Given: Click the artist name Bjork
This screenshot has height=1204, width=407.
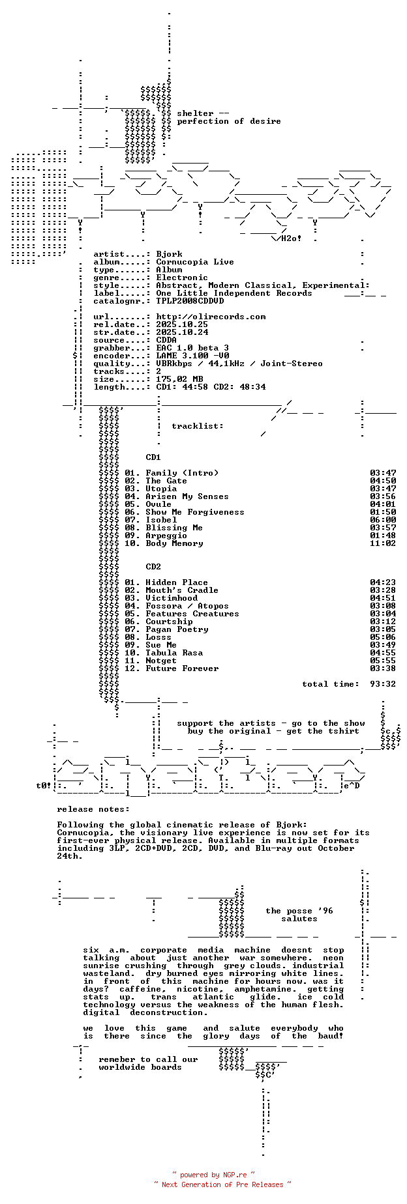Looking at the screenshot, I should click(169, 254).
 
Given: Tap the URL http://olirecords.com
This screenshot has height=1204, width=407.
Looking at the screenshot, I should click(211, 317).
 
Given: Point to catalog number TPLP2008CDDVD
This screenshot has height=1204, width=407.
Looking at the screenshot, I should click(190, 301).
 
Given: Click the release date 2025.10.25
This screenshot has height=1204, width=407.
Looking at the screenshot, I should click(182, 324).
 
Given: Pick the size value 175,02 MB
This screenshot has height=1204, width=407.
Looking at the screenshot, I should click(179, 379).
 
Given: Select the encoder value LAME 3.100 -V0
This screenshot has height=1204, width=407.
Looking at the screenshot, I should click(192, 356).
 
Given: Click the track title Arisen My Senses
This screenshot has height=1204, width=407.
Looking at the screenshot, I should click(187, 496).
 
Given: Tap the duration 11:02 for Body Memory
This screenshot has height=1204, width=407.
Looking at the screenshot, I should click(383, 543).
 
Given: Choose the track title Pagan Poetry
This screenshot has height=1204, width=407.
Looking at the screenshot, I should click(177, 629).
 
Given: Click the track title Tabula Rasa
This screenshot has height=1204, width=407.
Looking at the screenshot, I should click(174, 653).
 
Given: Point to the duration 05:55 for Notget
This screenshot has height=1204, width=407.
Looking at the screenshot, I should click(383, 661).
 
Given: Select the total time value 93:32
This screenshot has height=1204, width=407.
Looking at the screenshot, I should click(383, 684).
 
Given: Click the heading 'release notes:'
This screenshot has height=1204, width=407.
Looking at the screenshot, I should click(93, 809).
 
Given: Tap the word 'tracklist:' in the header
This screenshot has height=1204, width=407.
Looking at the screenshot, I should click(198, 426).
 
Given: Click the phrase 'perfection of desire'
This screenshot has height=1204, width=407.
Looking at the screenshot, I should click(229, 121).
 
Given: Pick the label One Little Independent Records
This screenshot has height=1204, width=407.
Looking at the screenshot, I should click(234, 293).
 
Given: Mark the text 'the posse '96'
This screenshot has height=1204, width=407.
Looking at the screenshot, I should click(299, 911).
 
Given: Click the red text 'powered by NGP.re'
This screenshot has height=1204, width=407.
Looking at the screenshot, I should click(213, 1175).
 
